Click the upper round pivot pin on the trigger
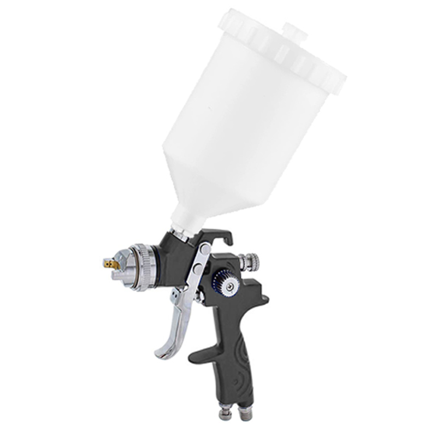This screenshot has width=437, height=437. click(203, 250)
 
